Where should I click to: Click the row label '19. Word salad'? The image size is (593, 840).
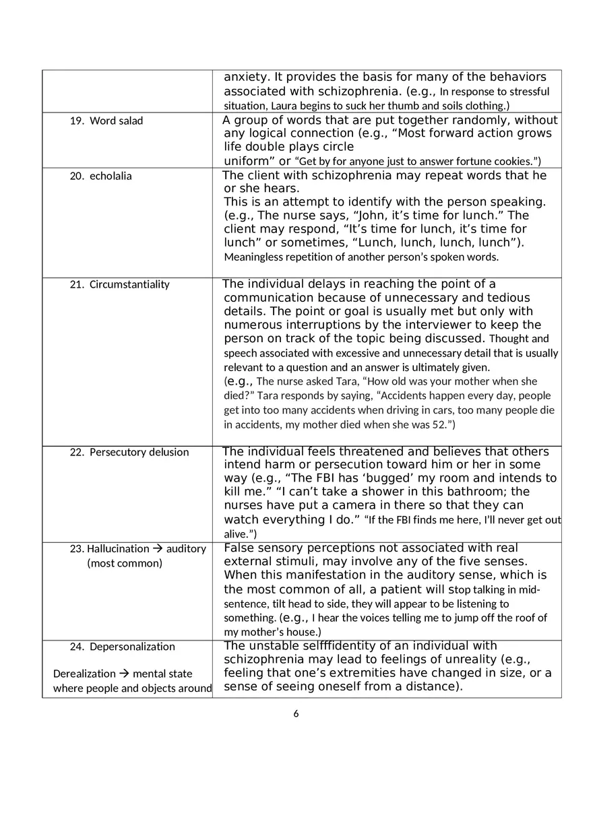(x=106, y=121)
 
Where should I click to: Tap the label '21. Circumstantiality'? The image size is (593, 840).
(x=120, y=284)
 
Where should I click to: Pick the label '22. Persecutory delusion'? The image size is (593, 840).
(x=129, y=452)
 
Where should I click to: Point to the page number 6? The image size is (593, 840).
(x=296, y=714)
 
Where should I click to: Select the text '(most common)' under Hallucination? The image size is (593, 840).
(x=125, y=563)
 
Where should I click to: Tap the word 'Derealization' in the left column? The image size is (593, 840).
(x=84, y=674)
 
